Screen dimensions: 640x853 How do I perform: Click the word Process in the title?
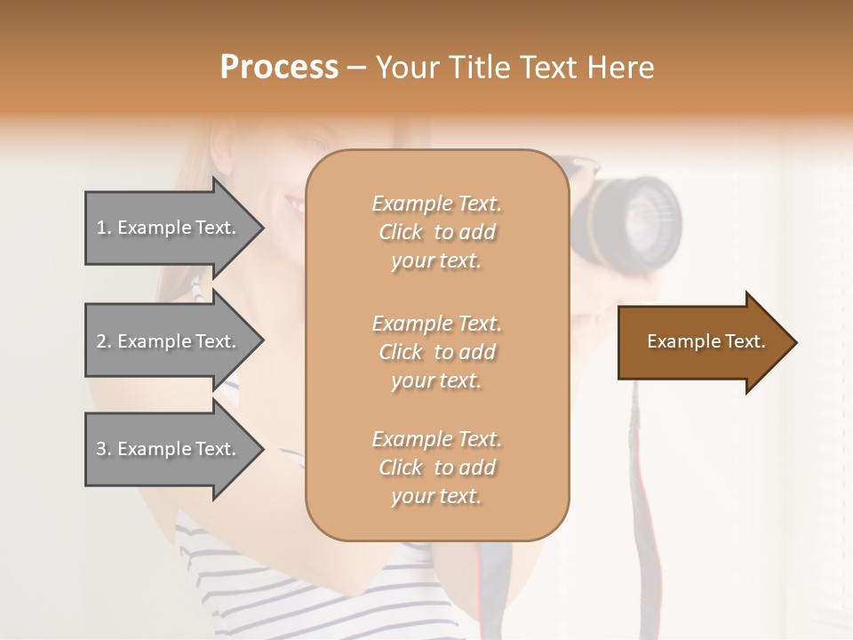click(279, 68)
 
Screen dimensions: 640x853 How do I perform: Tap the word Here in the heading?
click(618, 68)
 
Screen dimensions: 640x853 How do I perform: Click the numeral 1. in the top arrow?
click(104, 228)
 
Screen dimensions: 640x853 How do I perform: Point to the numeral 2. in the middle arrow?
click(104, 341)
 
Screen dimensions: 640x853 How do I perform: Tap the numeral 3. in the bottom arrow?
click(104, 449)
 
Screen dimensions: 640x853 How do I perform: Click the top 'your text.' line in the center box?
click(436, 261)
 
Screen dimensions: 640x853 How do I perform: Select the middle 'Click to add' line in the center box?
click(436, 352)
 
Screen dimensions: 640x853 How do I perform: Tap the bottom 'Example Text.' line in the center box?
click(436, 439)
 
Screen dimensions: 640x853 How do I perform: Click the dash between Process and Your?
click(357, 68)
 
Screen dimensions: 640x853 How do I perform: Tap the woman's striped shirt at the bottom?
click(267, 578)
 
